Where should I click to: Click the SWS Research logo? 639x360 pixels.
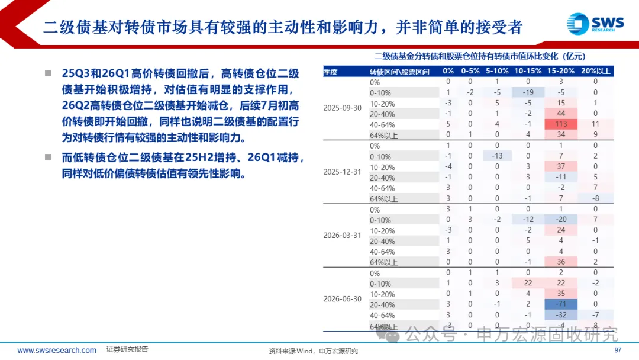coord(595,24)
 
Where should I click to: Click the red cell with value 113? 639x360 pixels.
coord(561,124)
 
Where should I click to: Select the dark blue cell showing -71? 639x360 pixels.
coord(561,304)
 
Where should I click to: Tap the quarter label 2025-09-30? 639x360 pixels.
coord(343,108)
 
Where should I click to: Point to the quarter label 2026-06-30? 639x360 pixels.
coord(343,299)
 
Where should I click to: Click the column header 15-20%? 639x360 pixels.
coord(561,71)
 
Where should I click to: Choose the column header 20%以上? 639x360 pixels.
coord(595,71)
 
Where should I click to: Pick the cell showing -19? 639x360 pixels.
coord(528,92)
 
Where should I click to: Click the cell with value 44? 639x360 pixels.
coord(561,113)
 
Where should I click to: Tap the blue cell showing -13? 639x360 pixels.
coord(497,156)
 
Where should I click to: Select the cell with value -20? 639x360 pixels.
coord(561,219)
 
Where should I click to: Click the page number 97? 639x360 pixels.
coord(618,350)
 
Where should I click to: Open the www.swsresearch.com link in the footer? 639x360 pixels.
coord(57,350)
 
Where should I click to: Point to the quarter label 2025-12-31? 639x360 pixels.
coord(343,172)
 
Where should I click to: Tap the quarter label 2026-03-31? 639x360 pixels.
coord(343,235)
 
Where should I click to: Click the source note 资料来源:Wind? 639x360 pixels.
coord(291,351)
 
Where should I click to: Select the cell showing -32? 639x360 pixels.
coord(561,315)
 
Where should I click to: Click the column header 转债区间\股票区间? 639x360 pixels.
coord(399,72)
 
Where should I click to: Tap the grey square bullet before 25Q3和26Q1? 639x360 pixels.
coord(48,73)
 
